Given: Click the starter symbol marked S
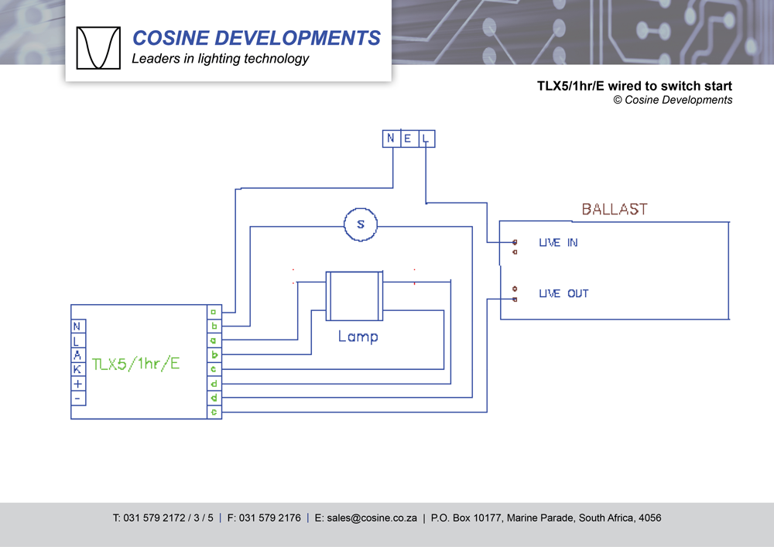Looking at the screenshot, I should (x=360, y=224).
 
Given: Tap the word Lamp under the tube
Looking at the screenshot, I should (x=358, y=337).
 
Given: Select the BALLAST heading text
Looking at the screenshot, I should (x=614, y=209).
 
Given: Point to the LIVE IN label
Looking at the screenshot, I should (x=558, y=243).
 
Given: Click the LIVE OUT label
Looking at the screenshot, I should (x=563, y=294).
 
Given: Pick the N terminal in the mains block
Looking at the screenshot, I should (x=391, y=138).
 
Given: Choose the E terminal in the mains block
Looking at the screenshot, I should (x=408, y=138).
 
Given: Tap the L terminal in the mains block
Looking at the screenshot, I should (x=426, y=138).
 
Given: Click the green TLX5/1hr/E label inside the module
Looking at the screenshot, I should (x=135, y=364).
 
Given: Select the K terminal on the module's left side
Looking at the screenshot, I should (x=77, y=369).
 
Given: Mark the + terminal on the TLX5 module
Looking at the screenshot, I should (x=77, y=384).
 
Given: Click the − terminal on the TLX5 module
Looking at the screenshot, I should (x=77, y=398).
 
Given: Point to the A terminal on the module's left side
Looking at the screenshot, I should (x=77, y=355).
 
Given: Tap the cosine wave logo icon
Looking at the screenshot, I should (x=98, y=48).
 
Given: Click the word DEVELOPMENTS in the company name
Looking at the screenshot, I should (x=300, y=38).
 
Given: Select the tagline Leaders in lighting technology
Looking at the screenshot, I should (x=221, y=59).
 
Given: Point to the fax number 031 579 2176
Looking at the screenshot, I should (x=270, y=518).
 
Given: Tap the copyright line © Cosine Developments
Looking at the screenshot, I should (x=673, y=100).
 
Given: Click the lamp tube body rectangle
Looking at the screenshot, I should (x=354, y=296).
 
